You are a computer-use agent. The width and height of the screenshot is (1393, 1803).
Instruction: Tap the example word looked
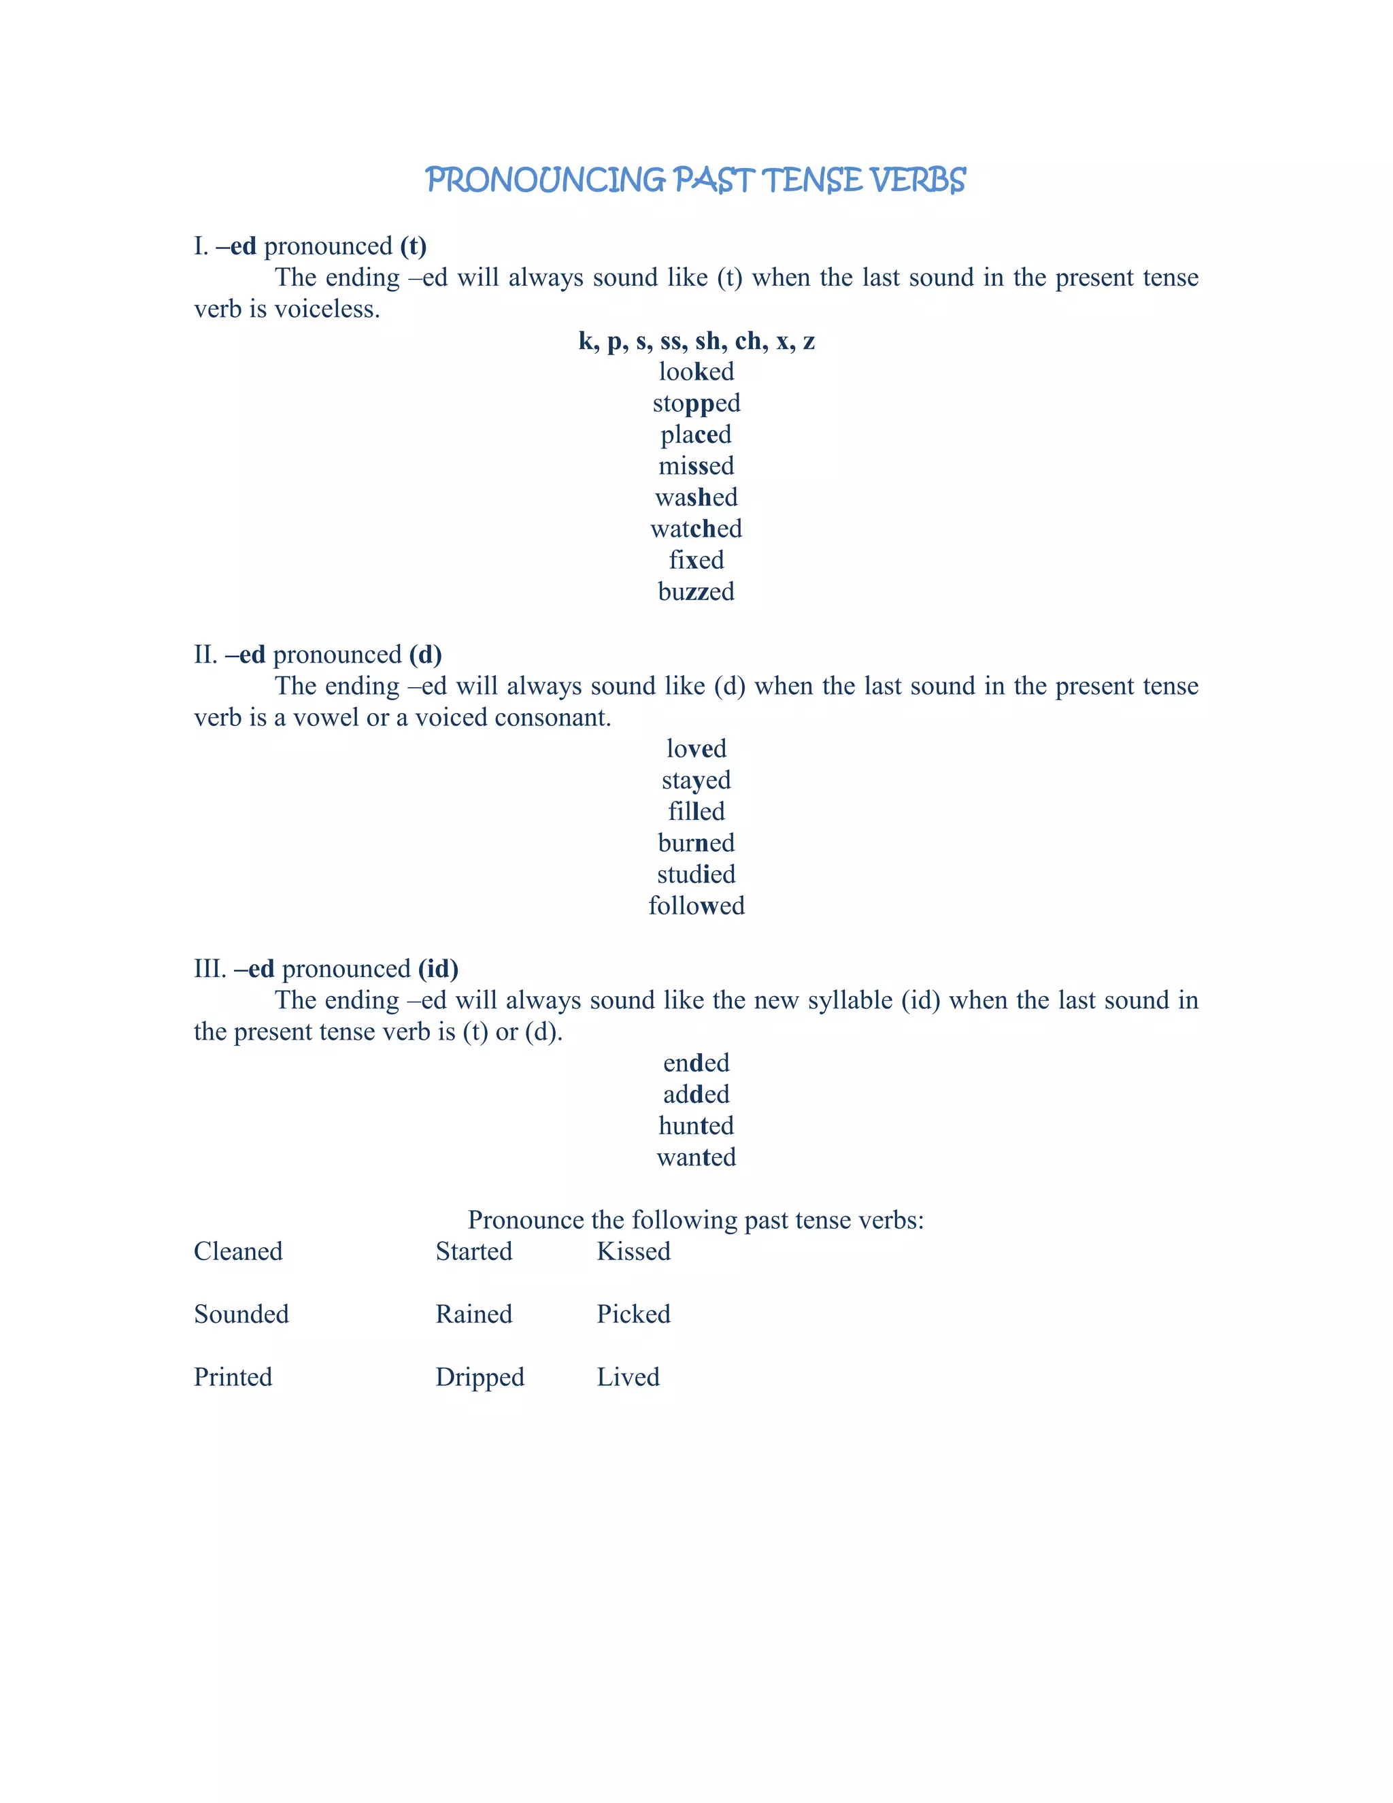[x=696, y=371]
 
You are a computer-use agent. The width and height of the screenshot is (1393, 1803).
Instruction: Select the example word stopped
[x=696, y=403]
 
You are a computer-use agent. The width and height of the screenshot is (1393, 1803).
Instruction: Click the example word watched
[x=696, y=529]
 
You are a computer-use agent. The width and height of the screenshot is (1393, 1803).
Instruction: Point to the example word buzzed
[x=696, y=592]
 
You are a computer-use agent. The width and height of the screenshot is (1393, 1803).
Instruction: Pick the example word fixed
[x=696, y=560]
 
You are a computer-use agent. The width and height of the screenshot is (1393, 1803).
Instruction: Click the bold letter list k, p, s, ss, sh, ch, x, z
[x=696, y=341]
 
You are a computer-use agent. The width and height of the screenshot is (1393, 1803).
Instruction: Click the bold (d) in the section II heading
[x=425, y=655]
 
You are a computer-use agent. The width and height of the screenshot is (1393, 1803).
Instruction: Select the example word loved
[x=696, y=749]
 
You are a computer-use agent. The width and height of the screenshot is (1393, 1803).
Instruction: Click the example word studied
[x=696, y=874]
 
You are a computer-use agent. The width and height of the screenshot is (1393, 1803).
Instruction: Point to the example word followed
[x=696, y=906]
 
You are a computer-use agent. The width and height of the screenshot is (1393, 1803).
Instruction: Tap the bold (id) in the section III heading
[x=437, y=969]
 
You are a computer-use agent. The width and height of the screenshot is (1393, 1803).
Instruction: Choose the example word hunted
[x=696, y=1126]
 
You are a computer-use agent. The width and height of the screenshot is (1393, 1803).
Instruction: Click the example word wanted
[x=696, y=1157]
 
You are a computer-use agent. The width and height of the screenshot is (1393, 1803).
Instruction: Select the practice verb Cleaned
[x=237, y=1251]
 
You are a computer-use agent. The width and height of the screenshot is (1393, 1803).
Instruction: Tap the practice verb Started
[x=473, y=1251]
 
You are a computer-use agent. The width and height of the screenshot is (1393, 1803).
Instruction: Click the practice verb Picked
[x=633, y=1314]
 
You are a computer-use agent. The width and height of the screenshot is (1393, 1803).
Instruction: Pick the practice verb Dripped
[x=480, y=1378]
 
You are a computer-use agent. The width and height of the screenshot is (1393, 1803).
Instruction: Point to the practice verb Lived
[x=628, y=1377]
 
